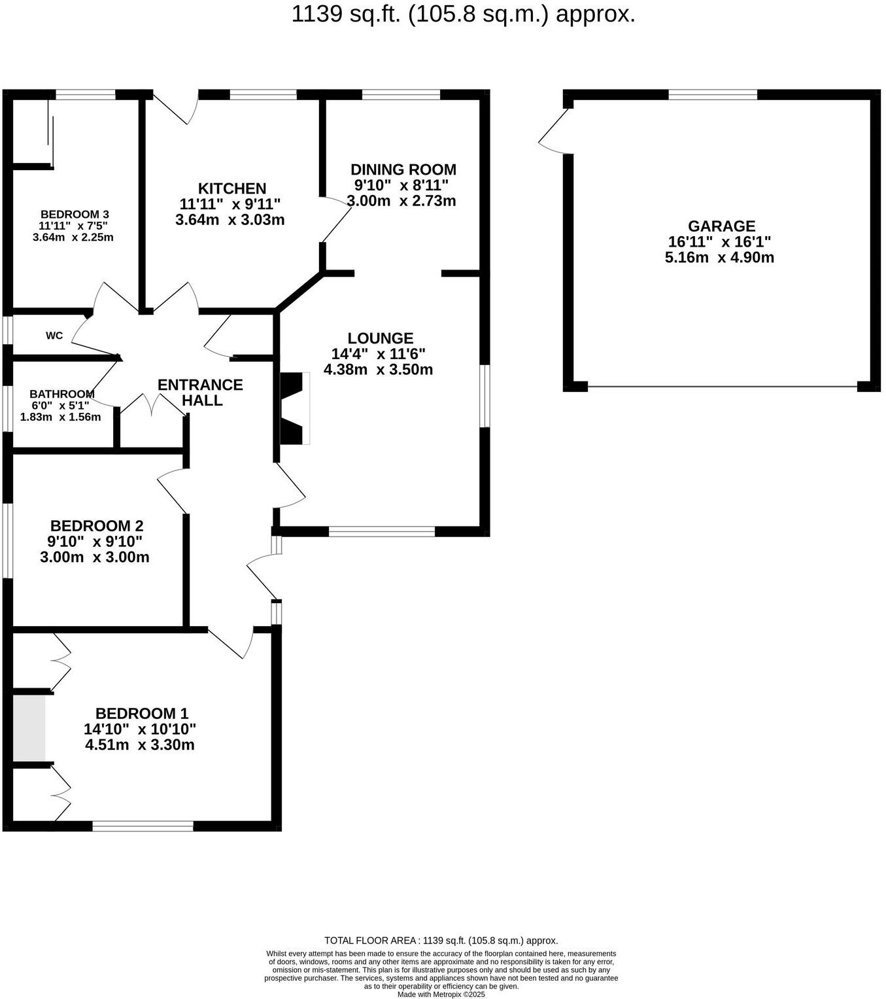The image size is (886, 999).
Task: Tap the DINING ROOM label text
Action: pyautogui.click(x=403, y=170)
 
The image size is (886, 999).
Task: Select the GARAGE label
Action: pyautogui.click(x=721, y=226)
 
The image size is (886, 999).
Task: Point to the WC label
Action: pyautogui.click(x=54, y=336)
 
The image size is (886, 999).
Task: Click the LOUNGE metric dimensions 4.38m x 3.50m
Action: pyautogui.click(x=378, y=370)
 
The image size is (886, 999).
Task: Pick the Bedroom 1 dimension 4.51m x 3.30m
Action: pyautogui.click(x=139, y=745)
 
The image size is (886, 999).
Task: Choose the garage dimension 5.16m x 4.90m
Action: pyautogui.click(x=719, y=258)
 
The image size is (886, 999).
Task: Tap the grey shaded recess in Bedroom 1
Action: pyautogui.click(x=29, y=728)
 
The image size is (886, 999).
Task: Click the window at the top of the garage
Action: pyautogui.click(x=712, y=95)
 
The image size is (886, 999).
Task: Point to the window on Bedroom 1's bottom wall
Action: pyautogui.click(x=143, y=826)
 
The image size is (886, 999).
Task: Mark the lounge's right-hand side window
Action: pyautogui.click(x=485, y=396)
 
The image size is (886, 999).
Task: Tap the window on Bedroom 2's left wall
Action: pyautogui.click(x=7, y=540)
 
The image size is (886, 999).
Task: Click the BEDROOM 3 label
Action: pyautogui.click(x=75, y=215)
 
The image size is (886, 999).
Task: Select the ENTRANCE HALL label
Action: pyautogui.click(x=200, y=393)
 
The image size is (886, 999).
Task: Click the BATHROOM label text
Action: pyautogui.click(x=62, y=394)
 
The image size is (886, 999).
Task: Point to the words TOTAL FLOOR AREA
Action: pyautogui.click(x=371, y=941)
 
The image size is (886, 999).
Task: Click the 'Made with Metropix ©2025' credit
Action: pyautogui.click(x=441, y=994)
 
